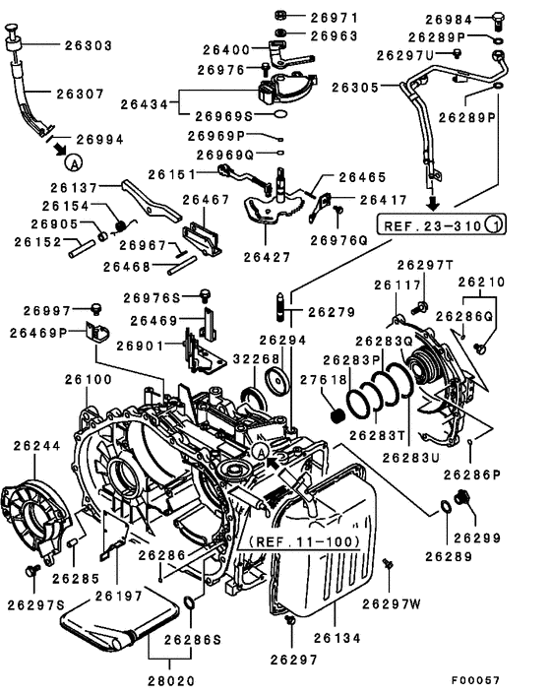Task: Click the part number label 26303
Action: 89,45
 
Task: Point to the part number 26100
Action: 89,379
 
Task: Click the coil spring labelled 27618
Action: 337,405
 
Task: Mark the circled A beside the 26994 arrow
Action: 75,159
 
